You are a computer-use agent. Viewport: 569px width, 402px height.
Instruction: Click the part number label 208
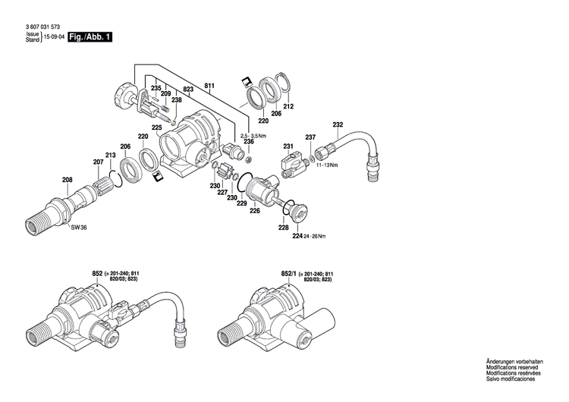tap(68, 180)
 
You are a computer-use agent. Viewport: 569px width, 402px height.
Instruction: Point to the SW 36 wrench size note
tap(79, 228)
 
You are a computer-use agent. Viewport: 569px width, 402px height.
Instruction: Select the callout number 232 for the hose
tap(338, 124)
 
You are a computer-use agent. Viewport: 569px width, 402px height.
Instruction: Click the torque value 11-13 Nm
tap(327, 165)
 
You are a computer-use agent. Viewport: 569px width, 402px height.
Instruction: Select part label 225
tap(157, 127)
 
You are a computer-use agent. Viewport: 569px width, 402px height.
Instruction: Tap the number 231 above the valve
tap(288, 146)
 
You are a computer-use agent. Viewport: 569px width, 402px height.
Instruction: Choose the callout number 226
tap(255, 211)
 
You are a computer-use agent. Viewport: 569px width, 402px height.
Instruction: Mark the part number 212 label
tap(288, 108)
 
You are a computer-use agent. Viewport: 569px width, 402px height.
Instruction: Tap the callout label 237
tap(310, 137)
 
